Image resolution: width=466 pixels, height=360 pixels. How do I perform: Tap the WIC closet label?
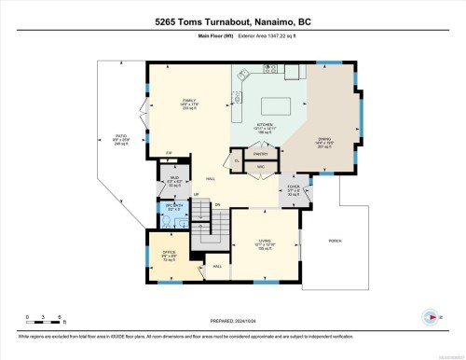pos(261,167)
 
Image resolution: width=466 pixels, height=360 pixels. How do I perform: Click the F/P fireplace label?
pos(169,152)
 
